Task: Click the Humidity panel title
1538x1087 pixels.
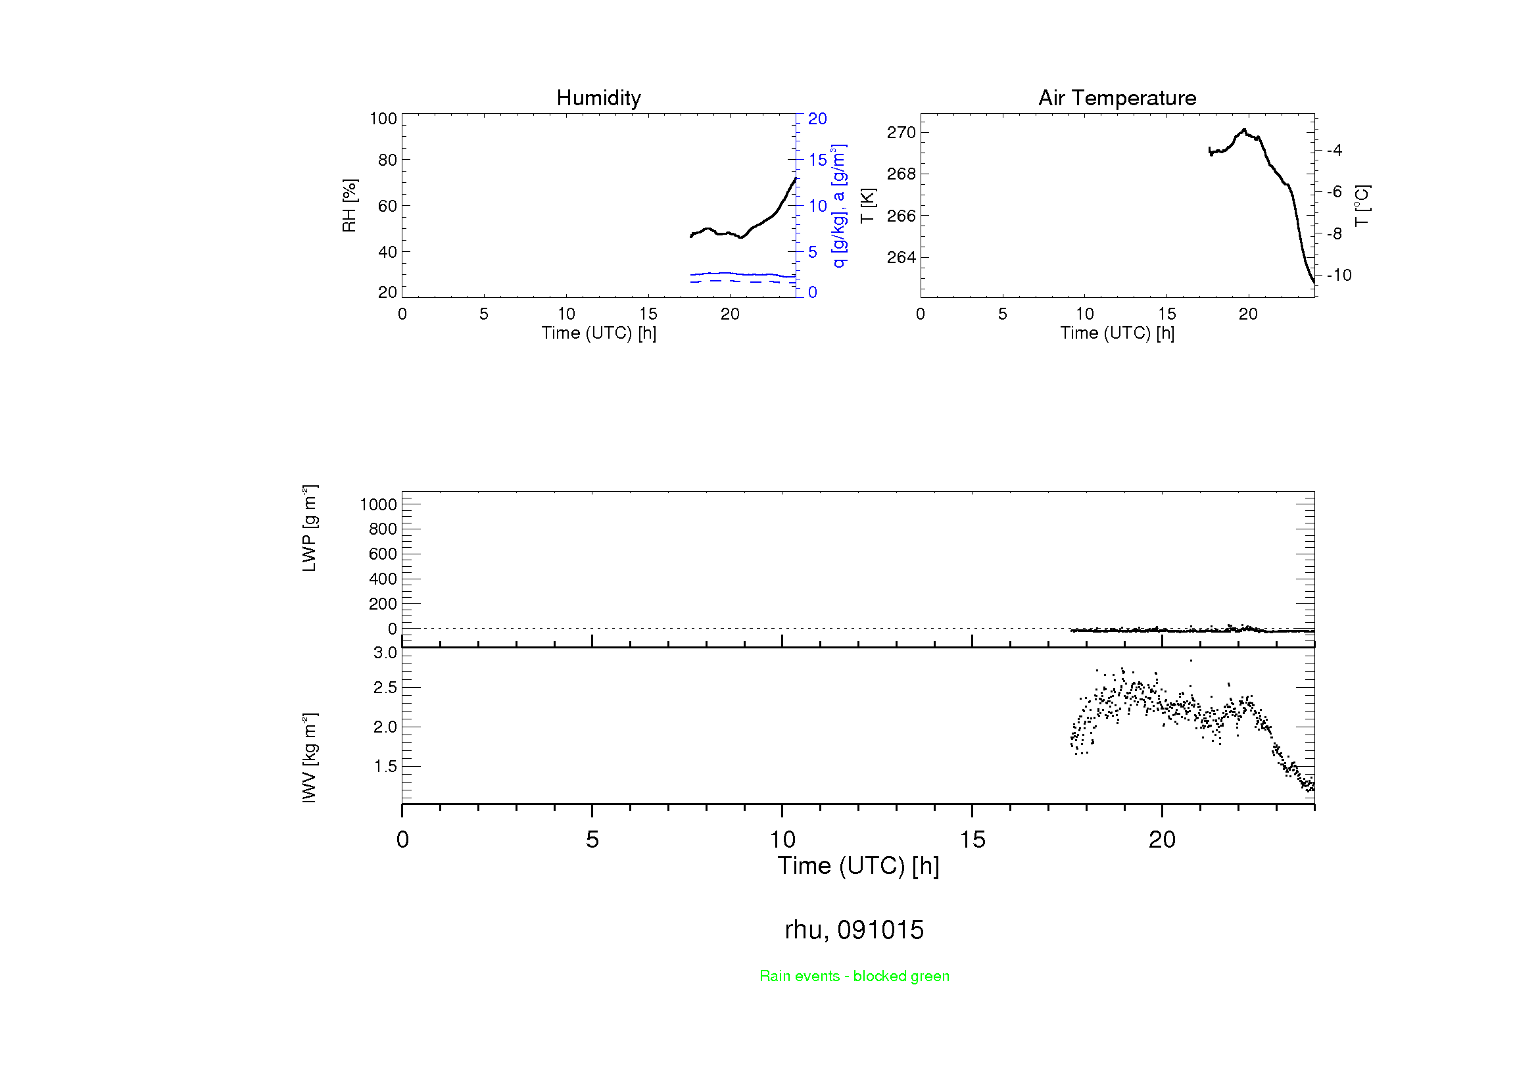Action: (x=598, y=98)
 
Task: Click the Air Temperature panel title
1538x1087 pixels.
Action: (x=1117, y=98)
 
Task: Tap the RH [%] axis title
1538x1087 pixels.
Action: (x=349, y=206)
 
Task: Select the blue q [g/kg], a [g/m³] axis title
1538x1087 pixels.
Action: (x=838, y=206)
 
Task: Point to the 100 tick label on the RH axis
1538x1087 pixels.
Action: (x=383, y=118)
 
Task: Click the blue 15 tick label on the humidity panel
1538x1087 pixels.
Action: (x=817, y=160)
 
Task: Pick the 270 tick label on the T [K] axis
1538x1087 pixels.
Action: (x=901, y=133)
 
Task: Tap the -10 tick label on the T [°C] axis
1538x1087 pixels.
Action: (x=1339, y=276)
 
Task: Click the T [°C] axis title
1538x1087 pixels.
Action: (x=1362, y=206)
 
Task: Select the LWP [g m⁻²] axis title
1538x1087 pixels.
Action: (x=309, y=529)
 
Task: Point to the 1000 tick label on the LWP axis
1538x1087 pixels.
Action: (x=379, y=504)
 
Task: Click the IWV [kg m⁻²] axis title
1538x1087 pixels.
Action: (x=309, y=758)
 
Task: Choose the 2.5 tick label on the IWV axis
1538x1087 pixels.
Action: (x=385, y=688)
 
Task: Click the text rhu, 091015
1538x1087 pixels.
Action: (x=854, y=930)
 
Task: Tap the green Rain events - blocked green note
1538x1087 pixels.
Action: (x=854, y=976)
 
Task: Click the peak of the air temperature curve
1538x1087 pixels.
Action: (x=1245, y=130)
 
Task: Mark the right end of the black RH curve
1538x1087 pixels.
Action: (x=795, y=179)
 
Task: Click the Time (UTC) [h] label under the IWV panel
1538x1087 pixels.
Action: (x=858, y=866)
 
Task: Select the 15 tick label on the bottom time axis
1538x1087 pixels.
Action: (x=972, y=840)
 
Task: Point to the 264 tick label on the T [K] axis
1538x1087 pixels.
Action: (x=901, y=257)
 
